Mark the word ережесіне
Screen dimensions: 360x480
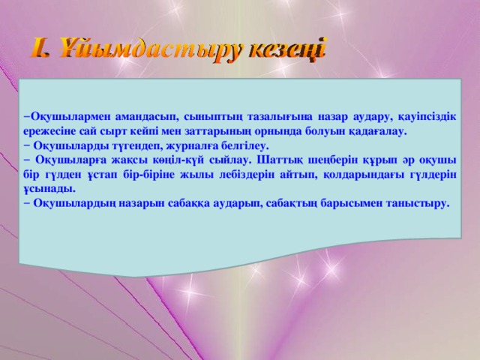click(x=50, y=130)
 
